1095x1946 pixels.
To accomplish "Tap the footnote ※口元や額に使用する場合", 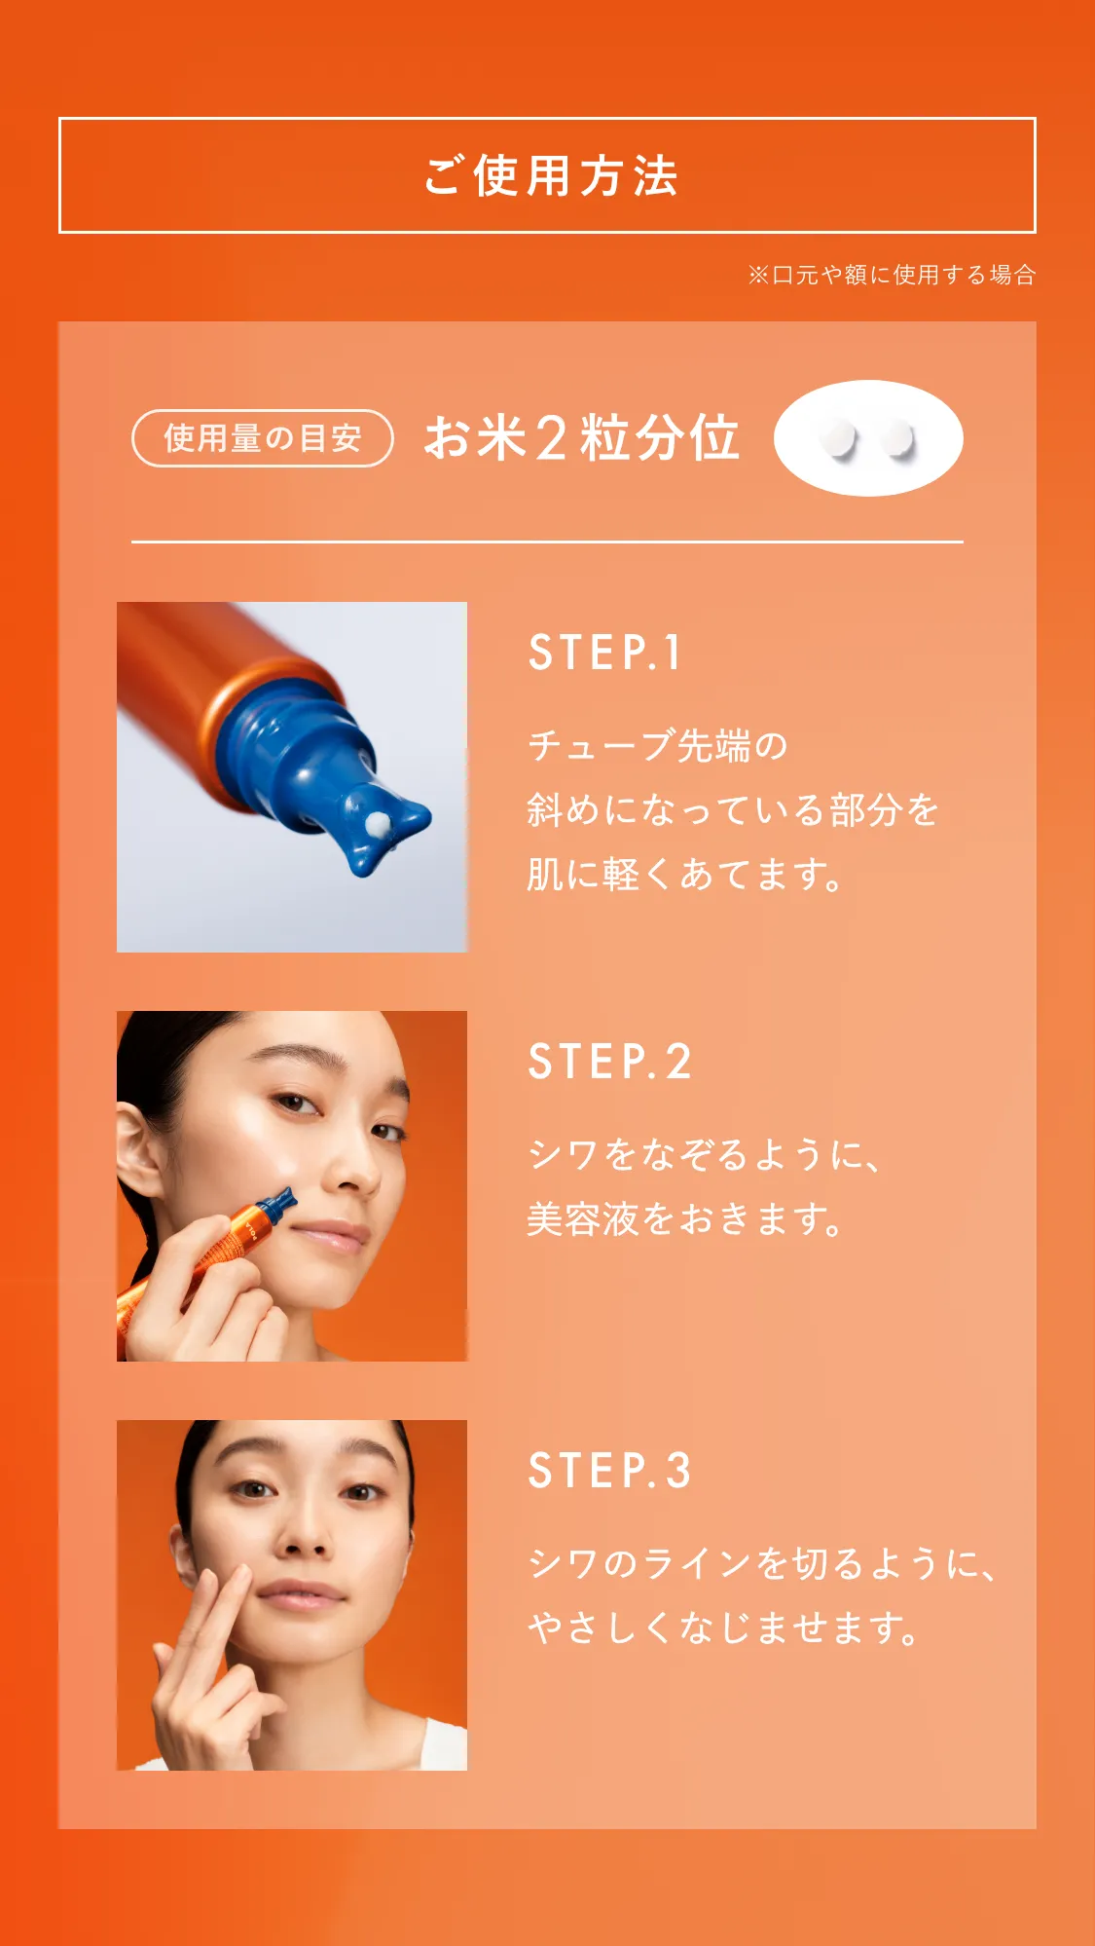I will pyautogui.click(x=891, y=275).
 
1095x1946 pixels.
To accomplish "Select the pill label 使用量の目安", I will pyautogui.click(x=263, y=438).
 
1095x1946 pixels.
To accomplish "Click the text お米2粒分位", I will pyautogui.click(x=582, y=437).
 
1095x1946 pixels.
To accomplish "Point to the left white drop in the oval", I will pyautogui.click(x=837, y=438).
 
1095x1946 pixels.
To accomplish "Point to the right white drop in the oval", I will pyautogui.click(x=897, y=438).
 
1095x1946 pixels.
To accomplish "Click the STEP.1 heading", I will pyautogui.click(x=604, y=653).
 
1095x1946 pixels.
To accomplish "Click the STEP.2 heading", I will pyautogui.click(x=609, y=1062).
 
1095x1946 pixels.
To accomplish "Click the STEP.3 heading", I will pyautogui.click(x=609, y=1471).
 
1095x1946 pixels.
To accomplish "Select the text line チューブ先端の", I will pyautogui.click(x=657, y=746).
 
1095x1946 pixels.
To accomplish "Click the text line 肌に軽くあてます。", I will pyautogui.click(x=684, y=875).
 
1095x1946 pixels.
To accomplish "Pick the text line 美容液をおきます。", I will pyautogui.click(x=684, y=1218).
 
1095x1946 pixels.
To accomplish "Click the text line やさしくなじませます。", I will pyautogui.click(x=723, y=1628).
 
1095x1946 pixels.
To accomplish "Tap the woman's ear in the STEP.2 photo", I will pyautogui.click(x=137, y=1154).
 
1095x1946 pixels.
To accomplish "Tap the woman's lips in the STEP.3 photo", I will pyautogui.click(x=301, y=1594).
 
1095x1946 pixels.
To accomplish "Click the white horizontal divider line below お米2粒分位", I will pyautogui.click(x=547, y=542).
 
